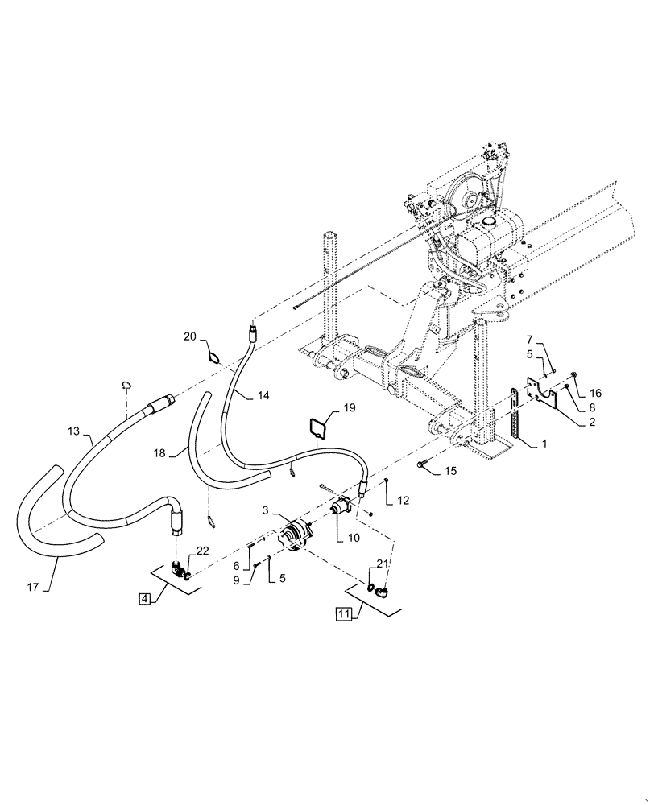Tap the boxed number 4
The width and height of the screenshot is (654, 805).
(x=143, y=599)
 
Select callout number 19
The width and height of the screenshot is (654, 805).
(x=350, y=408)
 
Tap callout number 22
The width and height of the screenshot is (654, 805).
(x=202, y=550)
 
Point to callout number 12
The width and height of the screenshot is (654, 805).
(x=403, y=501)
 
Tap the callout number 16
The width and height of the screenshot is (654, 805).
(x=595, y=394)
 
